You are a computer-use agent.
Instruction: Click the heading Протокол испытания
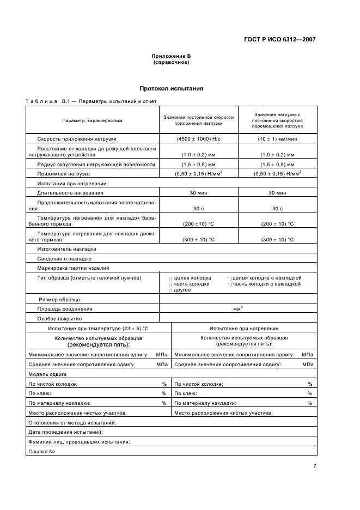click(172, 88)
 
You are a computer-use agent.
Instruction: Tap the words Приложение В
click(171, 57)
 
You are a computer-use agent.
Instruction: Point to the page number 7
click(315, 465)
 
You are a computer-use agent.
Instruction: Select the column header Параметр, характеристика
click(92, 120)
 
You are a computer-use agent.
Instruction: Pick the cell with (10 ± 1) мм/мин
click(277, 139)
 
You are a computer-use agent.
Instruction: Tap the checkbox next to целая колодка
click(170, 278)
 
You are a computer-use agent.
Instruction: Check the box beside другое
click(170, 290)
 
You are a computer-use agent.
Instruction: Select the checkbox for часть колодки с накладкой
click(229, 284)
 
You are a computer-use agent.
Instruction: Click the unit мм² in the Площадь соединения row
click(238, 308)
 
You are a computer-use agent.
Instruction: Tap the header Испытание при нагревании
click(244, 329)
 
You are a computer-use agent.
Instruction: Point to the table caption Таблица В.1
click(48, 102)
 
